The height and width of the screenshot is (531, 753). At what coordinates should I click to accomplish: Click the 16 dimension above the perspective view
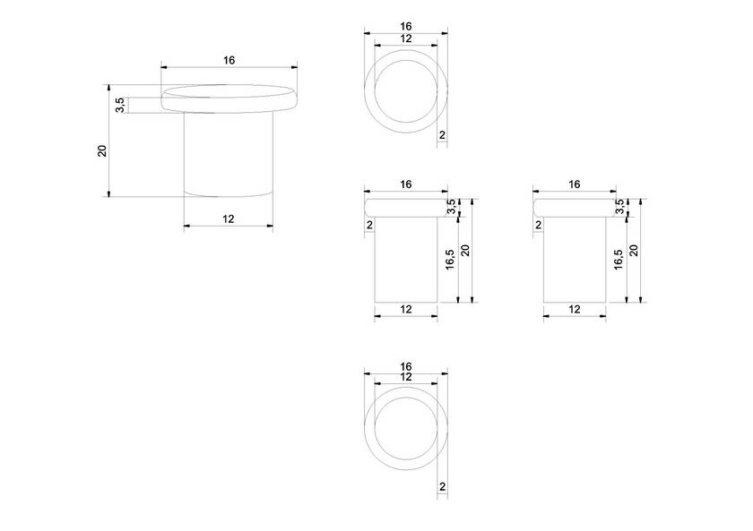[229, 60]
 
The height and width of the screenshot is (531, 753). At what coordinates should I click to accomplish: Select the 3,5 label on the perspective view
[120, 105]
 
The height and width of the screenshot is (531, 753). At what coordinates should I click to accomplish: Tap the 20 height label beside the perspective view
[102, 150]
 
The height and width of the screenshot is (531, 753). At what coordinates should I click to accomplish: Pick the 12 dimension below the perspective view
[229, 218]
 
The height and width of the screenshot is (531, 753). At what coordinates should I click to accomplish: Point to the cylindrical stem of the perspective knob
[229, 154]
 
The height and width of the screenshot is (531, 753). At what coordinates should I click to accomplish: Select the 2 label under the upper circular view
[442, 136]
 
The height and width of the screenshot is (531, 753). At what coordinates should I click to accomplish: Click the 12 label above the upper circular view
[406, 39]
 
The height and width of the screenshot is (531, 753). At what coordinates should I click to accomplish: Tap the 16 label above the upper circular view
[406, 27]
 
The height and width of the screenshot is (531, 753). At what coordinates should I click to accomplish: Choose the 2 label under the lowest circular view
[442, 487]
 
